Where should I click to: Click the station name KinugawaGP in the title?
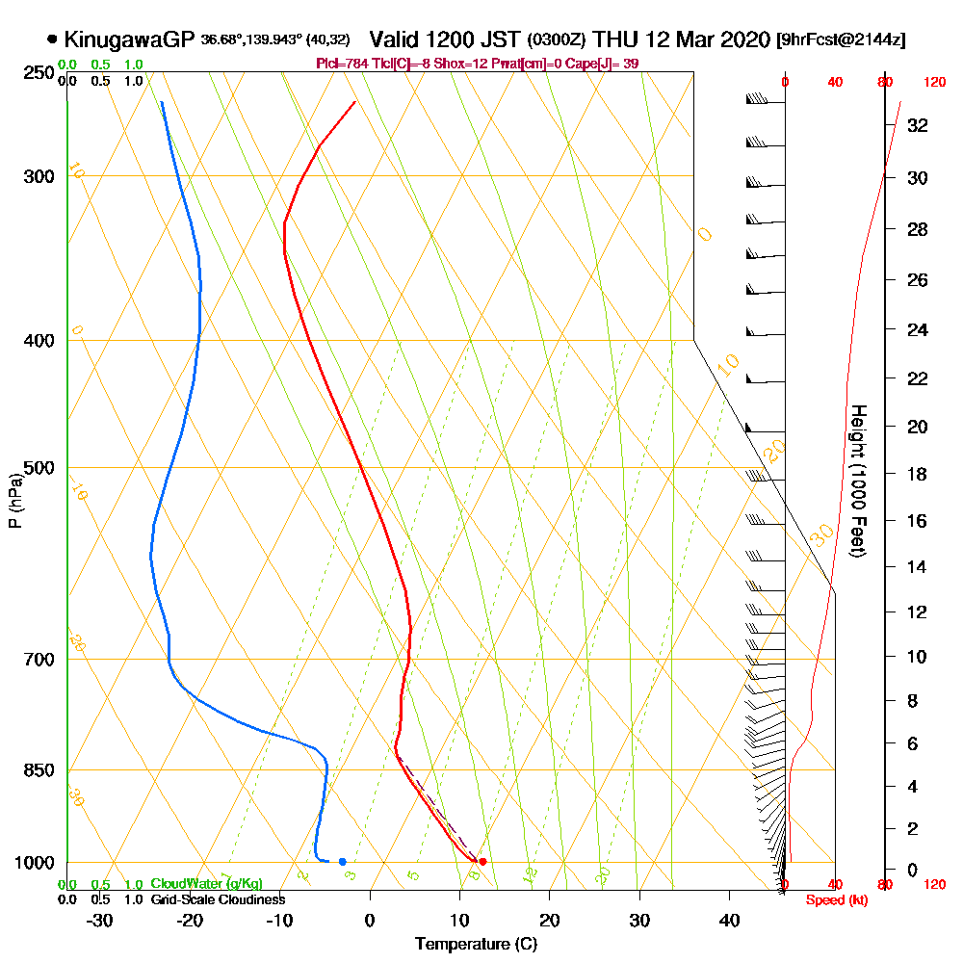129,39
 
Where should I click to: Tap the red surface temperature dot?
482,861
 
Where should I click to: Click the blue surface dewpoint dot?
342,861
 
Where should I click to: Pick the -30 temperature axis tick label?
100,919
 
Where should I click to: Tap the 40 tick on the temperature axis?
729,919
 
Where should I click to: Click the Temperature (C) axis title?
476,944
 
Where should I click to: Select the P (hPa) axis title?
14,501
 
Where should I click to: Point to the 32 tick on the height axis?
918,125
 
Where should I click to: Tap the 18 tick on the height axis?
918,474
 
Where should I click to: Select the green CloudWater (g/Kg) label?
206,884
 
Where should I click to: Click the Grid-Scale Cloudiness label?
217,899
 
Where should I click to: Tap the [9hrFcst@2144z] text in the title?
840,40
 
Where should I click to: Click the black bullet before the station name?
51,39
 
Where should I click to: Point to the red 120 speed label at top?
933,83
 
